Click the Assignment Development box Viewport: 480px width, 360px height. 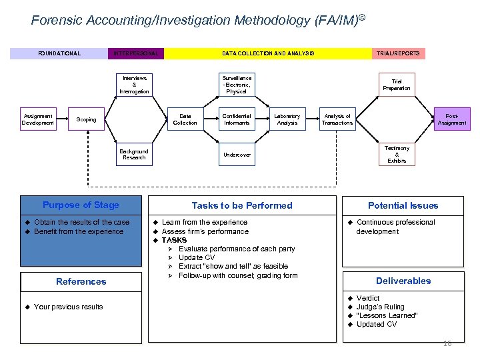click(x=38, y=119)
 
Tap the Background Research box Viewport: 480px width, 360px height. click(x=135, y=154)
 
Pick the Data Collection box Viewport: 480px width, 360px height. click(x=185, y=119)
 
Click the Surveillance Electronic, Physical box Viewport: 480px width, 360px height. click(x=237, y=85)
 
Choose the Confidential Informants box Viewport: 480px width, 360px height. click(x=237, y=119)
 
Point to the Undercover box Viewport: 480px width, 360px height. click(x=237, y=155)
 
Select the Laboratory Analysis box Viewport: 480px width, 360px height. click(x=287, y=119)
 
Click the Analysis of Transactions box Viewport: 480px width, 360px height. click(x=337, y=119)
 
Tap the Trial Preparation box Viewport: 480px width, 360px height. click(x=397, y=85)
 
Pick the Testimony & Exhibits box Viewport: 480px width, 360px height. click(x=397, y=154)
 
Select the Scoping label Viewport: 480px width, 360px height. click(x=87, y=120)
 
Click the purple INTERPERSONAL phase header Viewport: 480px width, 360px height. click(x=136, y=53)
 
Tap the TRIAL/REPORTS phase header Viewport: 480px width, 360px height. click(x=398, y=53)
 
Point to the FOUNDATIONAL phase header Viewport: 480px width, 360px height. click(x=59, y=53)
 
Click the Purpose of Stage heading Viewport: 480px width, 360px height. click(x=81, y=205)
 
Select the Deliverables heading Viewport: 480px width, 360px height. click(x=403, y=281)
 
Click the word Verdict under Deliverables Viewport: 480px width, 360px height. click(x=368, y=298)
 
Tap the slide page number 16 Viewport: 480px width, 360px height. click(x=447, y=344)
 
